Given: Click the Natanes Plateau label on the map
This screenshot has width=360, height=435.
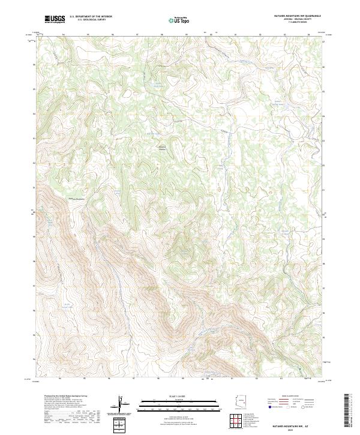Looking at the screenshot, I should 162,147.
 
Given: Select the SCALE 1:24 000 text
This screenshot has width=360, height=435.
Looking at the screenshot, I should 179,395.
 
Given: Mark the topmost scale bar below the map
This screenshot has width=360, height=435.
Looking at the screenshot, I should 179,399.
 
